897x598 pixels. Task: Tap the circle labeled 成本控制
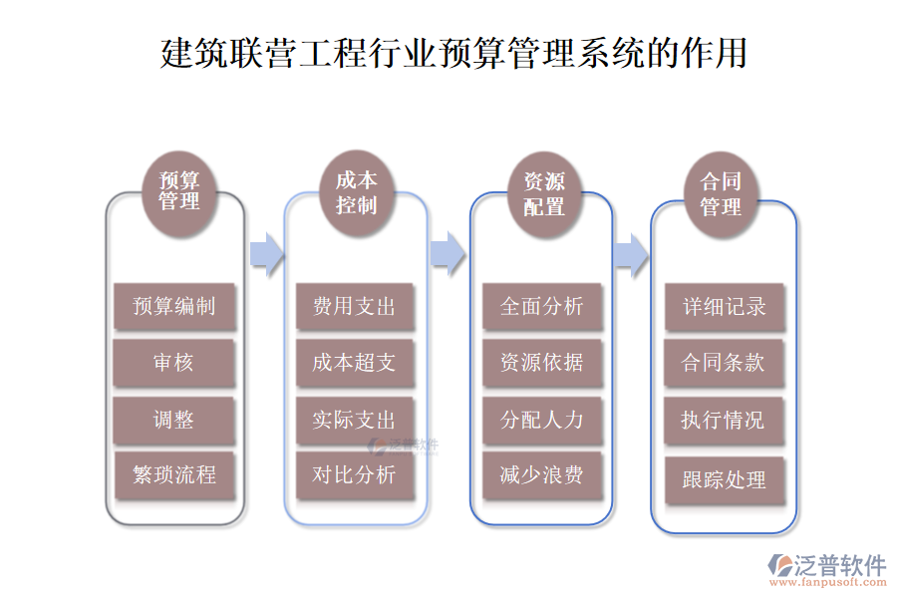click(356, 191)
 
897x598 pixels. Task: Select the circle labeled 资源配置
click(543, 193)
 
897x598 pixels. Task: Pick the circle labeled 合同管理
click(721, 195)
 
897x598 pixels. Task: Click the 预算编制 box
click(174, 306)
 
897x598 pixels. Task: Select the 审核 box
click(174, 363)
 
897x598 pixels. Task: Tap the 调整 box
click(174, 420)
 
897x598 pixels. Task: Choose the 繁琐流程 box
click(174, 475)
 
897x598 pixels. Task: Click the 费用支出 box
click(355, 306)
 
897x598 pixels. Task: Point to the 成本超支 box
click(355, 363)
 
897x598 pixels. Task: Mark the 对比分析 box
click(355, 475)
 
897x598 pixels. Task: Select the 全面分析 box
click(542, 306)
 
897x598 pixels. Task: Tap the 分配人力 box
click(542, 420)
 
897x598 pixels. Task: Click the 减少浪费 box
click(542, 475)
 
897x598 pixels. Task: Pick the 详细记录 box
click(725, 306)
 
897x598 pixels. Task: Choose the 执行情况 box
click(725, 420)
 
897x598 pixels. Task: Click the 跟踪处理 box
click(725, 480)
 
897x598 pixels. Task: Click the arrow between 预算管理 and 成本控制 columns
click(265, 253)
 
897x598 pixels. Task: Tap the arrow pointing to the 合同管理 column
click(630, 253)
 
